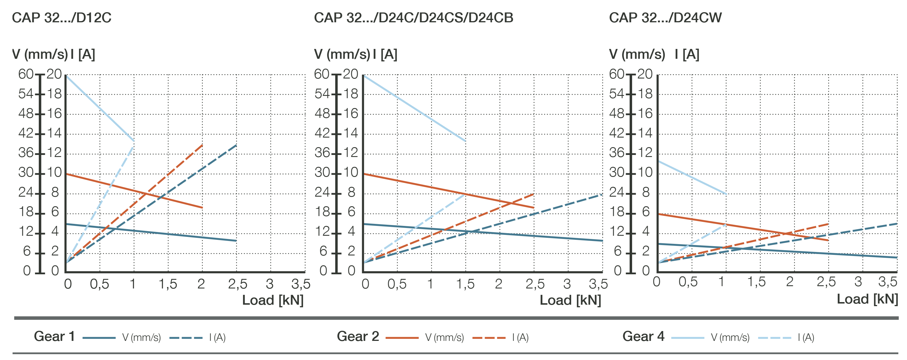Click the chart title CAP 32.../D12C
[x=62, y=18]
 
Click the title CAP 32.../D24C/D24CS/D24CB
[x=413, y=18]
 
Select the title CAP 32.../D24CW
[x=665, y=18]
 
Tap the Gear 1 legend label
[x=54, y=337]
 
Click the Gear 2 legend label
[x=358, y=337]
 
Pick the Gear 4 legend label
[x=643, y=337]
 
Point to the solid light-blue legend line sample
[x=687, y=338]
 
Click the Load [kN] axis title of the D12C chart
[x=273, y=300]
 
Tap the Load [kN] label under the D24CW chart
[x=867, y=299]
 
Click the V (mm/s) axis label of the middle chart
[x=342, y=54]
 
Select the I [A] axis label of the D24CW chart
[x=687, y=54]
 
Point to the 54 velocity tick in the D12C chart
[x=26, y=94]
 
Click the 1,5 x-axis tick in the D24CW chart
[x=756, y=282]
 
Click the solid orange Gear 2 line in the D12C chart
[x=134, y=191]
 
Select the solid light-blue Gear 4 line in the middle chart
[x=414, y=108]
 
